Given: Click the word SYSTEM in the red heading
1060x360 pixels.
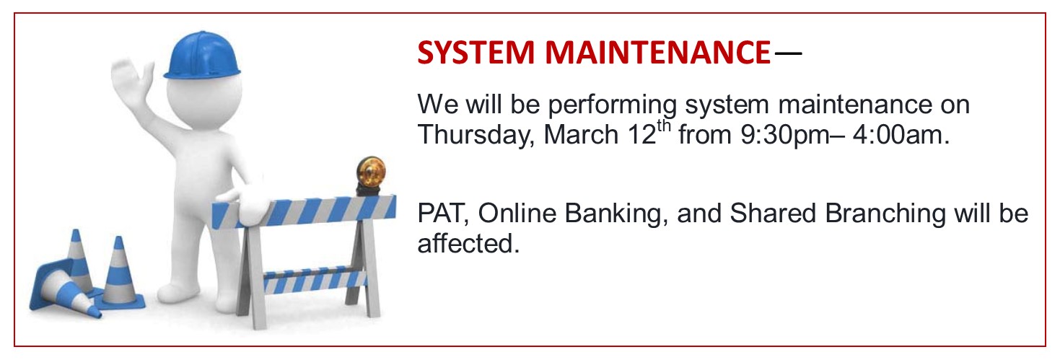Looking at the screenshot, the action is tap(476, 52).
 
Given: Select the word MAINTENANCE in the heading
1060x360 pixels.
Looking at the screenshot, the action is tap(658, 52).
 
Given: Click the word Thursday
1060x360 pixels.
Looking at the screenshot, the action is tap(476, 136).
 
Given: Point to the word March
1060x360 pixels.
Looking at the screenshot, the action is tap(582, 135).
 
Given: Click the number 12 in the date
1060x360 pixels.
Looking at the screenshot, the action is tap(642, 135).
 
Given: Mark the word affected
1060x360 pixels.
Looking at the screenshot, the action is tap(468, 243).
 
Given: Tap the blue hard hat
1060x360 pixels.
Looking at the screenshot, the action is tap(202, 56).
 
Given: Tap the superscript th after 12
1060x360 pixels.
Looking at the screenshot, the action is tap(664, 126).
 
